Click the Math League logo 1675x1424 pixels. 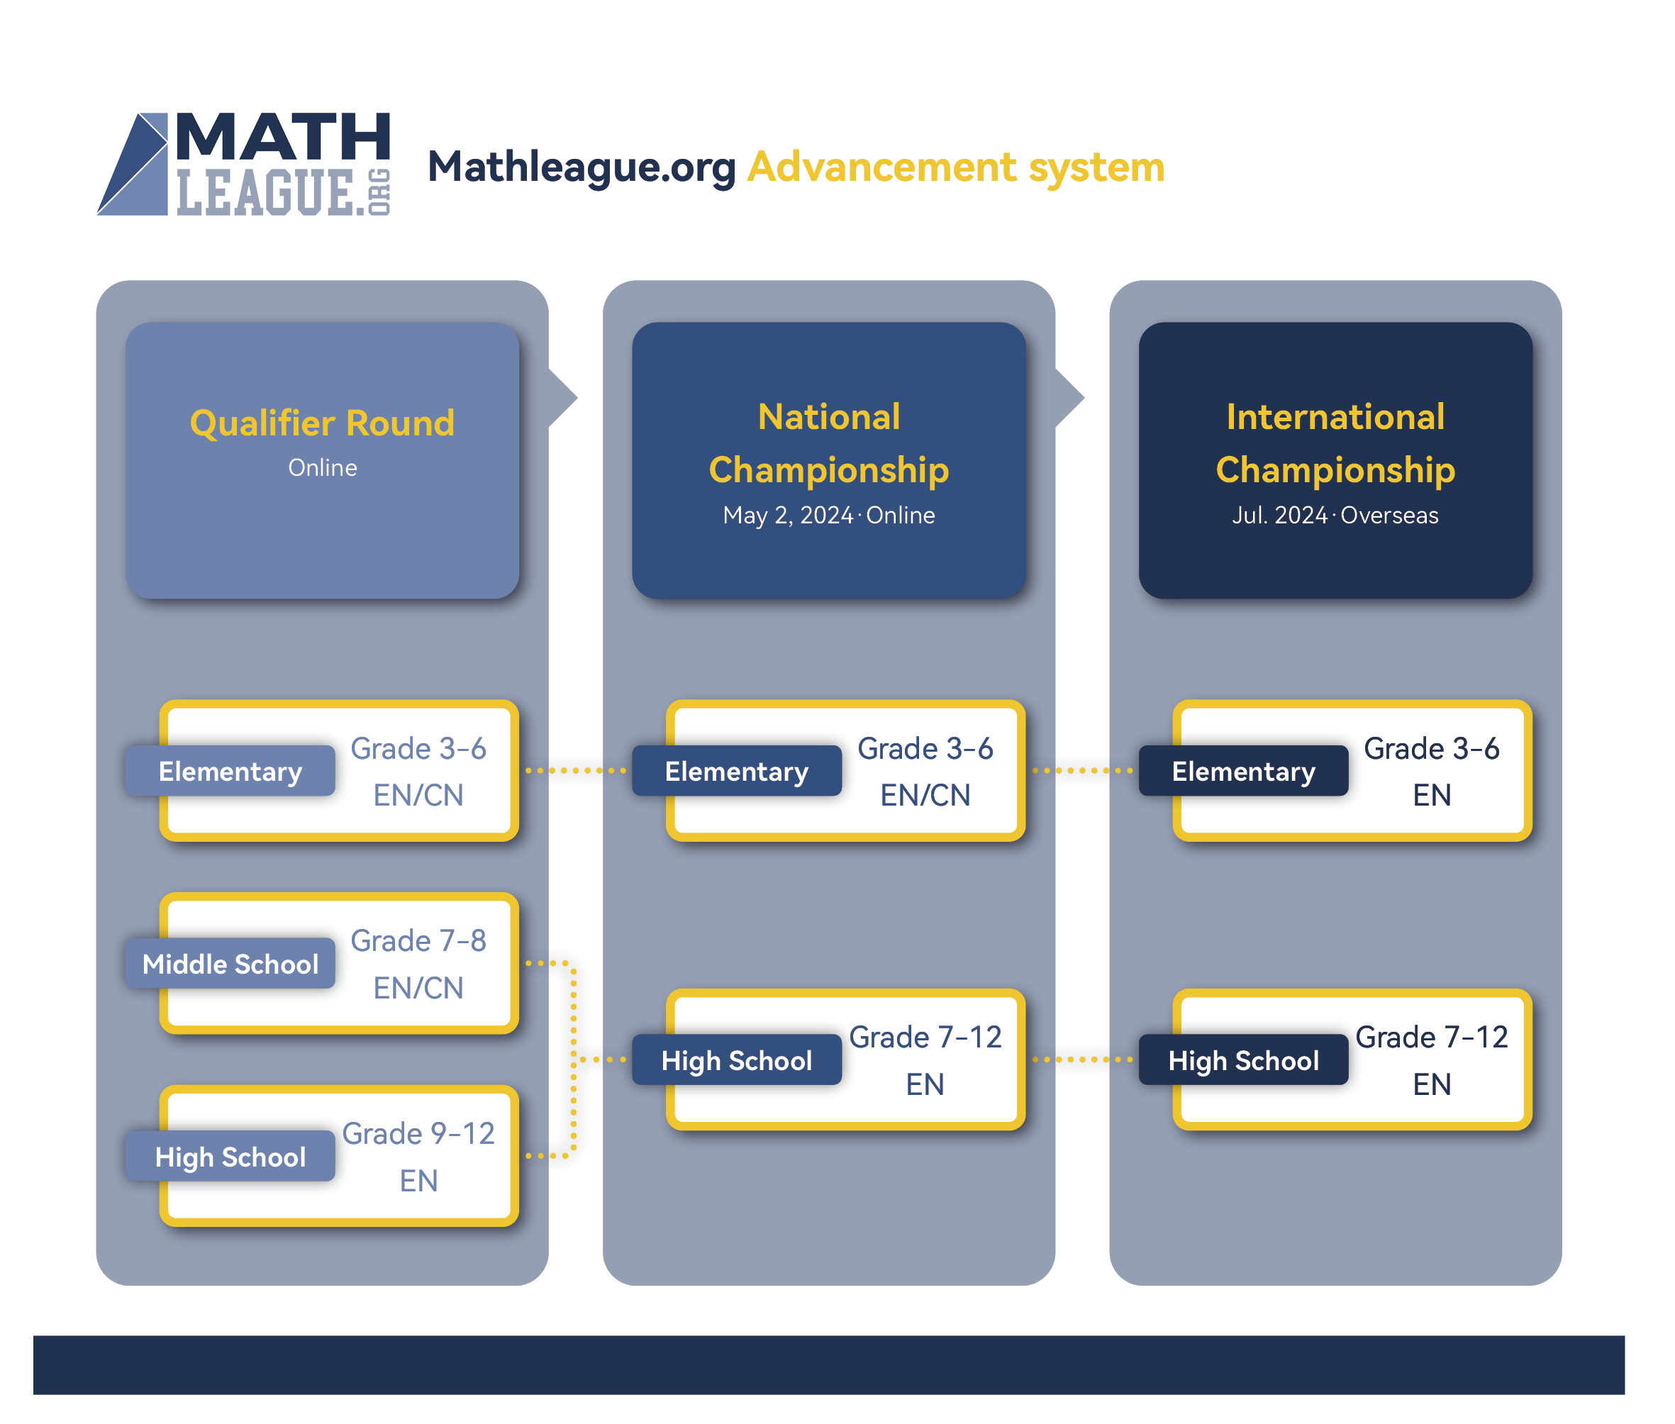(243, 164)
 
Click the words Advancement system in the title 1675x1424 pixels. (955, 167)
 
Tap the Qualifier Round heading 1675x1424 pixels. (322, 423)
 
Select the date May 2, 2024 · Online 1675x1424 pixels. (828, 515)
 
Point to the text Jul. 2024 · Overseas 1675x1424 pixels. (1335, 515)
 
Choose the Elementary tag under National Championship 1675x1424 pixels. (736, 771)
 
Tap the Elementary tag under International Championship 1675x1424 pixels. (1243, 771)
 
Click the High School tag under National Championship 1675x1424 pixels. (736, 1060)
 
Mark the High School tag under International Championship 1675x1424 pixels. (1243, 1060)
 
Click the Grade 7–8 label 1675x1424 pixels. (418, 940)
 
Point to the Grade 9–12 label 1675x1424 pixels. (418, 1133)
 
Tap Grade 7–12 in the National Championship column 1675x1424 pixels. (925, 1037)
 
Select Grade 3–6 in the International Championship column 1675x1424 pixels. (1431, 748)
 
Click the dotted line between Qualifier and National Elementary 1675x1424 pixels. (576, 771)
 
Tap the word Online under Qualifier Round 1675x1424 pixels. (322, 467)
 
